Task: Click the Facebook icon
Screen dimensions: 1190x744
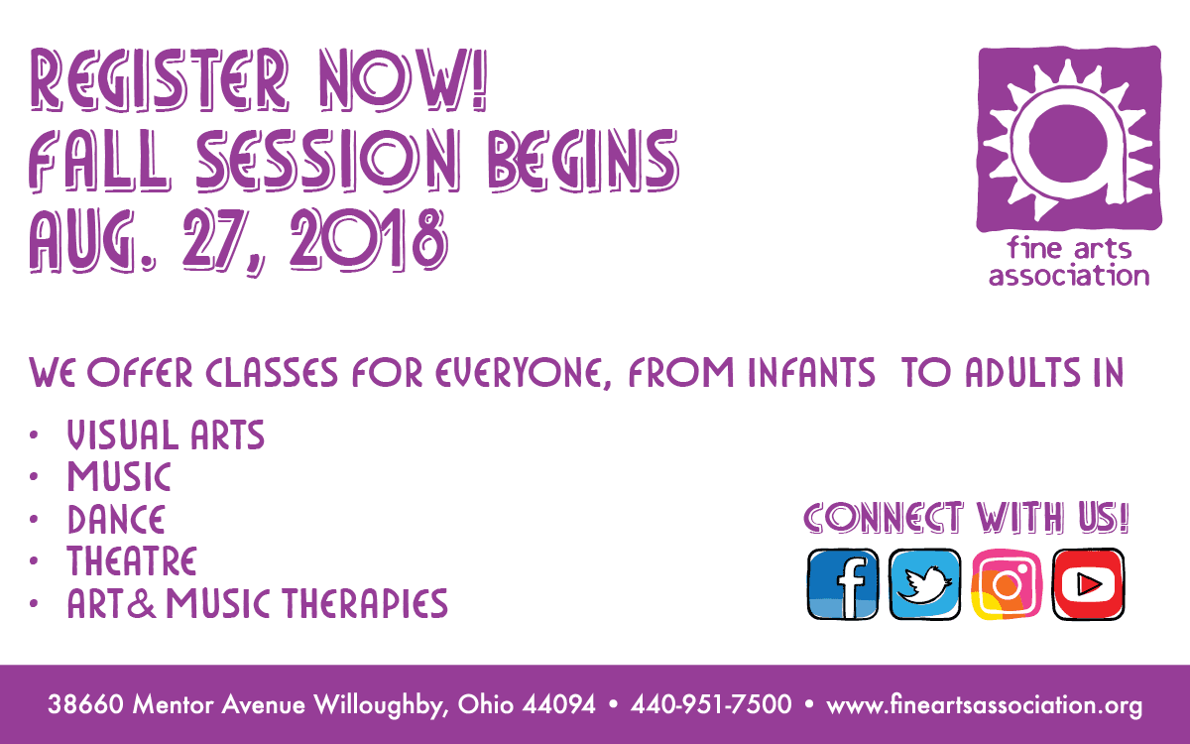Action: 843,584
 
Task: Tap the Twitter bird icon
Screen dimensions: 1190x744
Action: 925,584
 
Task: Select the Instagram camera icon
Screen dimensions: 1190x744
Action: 1007,584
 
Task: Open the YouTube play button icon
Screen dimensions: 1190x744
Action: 1088,584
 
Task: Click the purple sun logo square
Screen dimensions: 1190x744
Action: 1069,139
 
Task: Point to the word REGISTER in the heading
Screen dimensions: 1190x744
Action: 160,79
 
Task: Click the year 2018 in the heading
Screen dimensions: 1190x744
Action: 368,239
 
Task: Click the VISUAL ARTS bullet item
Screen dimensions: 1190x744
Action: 166,435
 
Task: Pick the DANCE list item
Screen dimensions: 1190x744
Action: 116,519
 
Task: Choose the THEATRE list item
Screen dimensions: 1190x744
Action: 132,561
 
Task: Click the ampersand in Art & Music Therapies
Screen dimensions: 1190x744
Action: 142,603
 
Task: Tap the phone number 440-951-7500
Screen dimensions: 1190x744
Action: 711,704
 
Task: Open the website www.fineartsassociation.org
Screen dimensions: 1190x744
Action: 985,705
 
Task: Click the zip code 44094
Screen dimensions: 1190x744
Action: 559,704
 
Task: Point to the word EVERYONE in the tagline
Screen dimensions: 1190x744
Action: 524,373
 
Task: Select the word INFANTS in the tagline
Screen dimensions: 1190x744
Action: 812,372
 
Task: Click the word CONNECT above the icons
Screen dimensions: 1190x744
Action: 883,517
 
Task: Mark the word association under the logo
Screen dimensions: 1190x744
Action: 1069,276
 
